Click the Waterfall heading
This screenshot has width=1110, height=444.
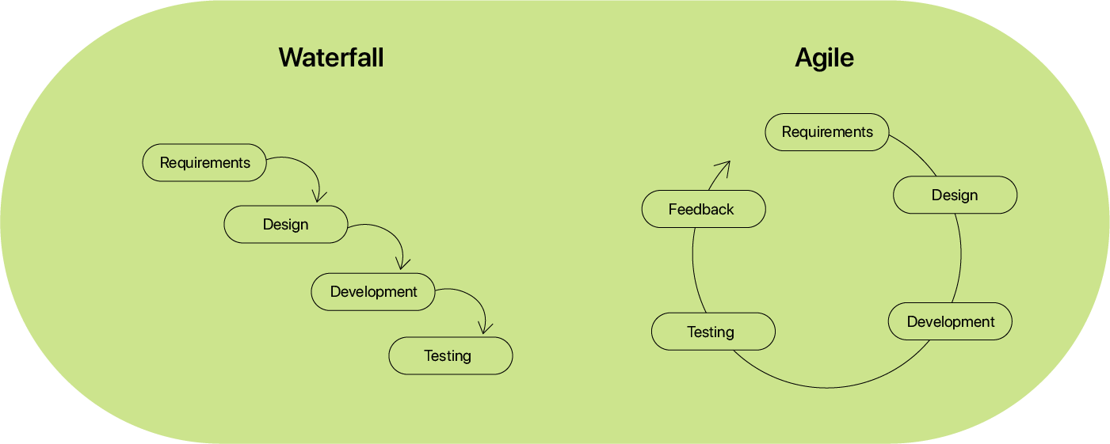coord(331,58)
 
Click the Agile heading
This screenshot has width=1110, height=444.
coord(825,59)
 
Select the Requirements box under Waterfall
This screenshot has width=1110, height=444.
coord(204,163)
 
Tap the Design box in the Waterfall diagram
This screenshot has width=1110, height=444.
coord(286,224)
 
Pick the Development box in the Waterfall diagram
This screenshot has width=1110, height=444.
coord(373,292)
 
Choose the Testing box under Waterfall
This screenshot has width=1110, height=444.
coord(451,356)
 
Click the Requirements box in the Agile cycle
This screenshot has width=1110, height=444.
coord(827,132)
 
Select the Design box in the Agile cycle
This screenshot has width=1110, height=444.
coord(955,195)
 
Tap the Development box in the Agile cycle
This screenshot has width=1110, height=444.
coord(950,322)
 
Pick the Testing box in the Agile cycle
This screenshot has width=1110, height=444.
coord(713,332)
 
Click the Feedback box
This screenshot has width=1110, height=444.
coord(704,210)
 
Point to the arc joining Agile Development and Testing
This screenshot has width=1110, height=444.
coord(827,388)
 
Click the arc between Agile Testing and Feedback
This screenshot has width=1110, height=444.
coord(694,270)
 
